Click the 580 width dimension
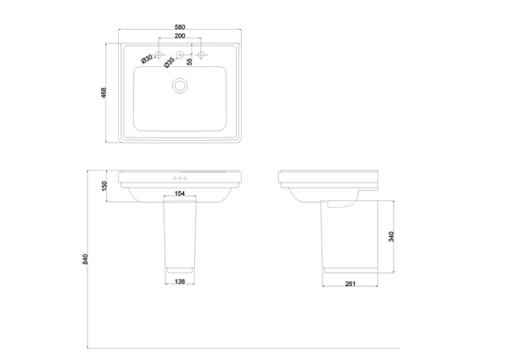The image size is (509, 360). tap(180, 27)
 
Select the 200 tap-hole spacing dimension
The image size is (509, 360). tap(180, 36)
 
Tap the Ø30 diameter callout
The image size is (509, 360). tap(147, 59)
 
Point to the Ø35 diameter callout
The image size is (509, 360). tap(169, 62)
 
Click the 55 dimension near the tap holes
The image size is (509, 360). tap(189, 61)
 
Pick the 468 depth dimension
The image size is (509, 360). tap(103, 93)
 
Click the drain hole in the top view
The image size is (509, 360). tap(180, 86)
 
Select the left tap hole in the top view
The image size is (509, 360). tap(159, 54)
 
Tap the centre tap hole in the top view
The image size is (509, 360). tap(180, 54)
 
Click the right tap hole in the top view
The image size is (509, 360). tap(201, 54)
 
